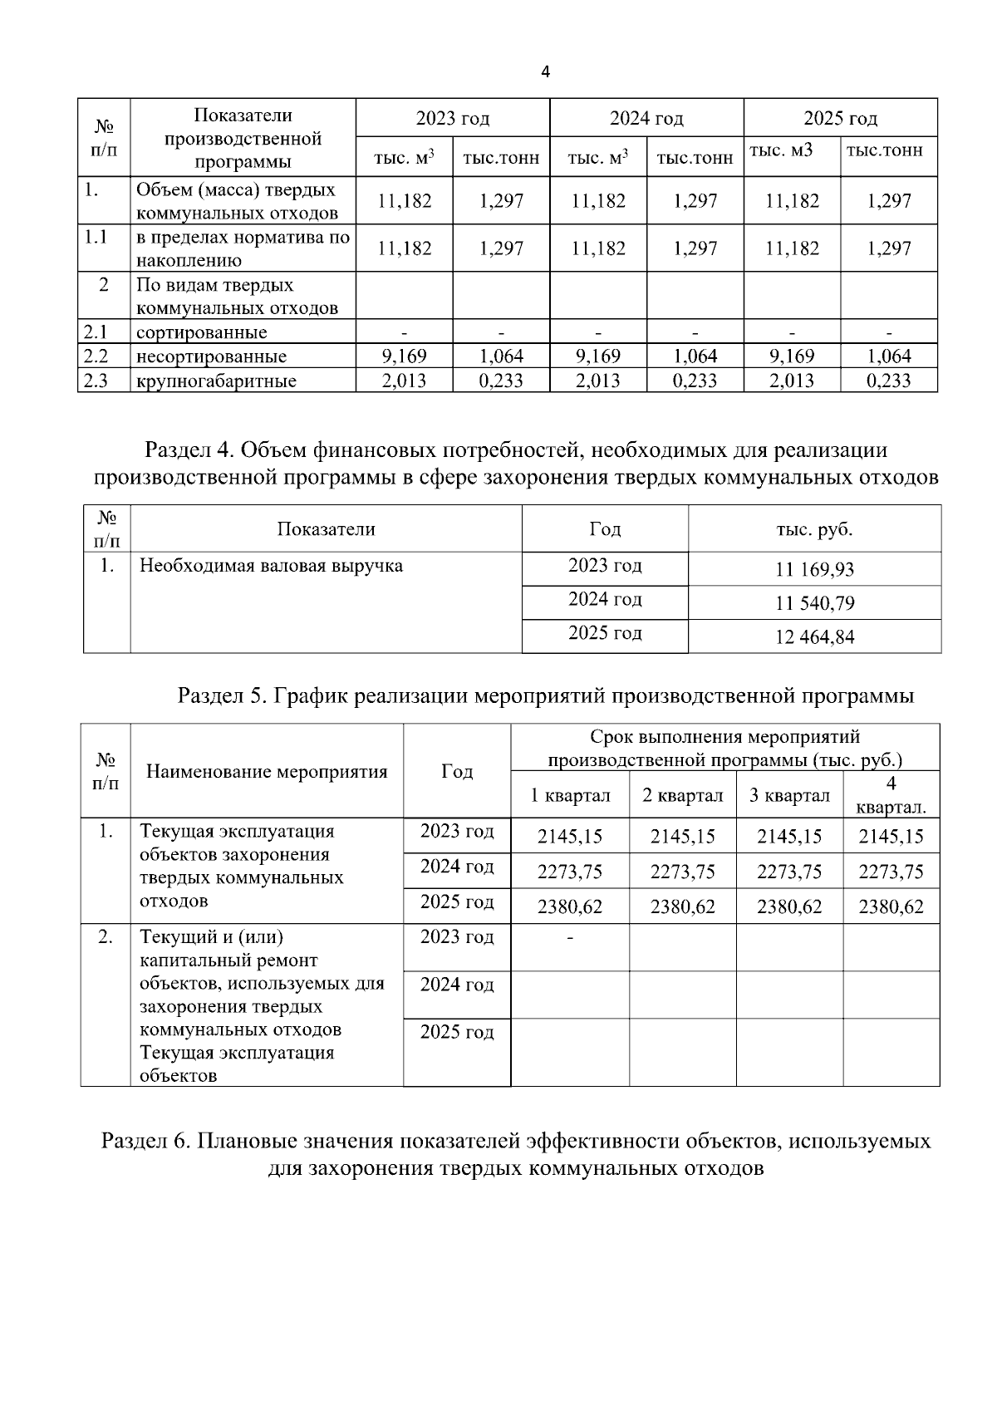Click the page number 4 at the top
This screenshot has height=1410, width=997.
click(545, 71)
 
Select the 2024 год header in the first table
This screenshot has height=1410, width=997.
click(646, 119)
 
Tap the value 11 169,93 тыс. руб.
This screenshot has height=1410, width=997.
click(814, 570)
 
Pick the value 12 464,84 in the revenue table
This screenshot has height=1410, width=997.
click(814, 638)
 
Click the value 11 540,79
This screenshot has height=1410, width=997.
click(814, 604)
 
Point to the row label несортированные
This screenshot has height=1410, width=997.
click(211, 357)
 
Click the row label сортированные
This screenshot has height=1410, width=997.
click(202, 333)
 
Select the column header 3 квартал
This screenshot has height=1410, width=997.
click(789, 796)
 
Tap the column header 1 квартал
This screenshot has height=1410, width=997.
click(571, 796)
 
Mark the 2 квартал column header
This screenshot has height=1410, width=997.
click(683, 796)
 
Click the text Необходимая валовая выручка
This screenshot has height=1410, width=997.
click(271, 567)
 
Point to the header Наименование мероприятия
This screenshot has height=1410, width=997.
click(267, 772)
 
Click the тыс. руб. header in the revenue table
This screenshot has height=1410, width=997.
click(814, 529)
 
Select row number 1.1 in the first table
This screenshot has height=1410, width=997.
click(96, 238)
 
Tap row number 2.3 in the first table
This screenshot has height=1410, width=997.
click(96, 381)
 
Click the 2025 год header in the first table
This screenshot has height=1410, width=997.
click(840, 119)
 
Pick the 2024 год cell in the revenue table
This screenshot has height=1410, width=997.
click(605, 600)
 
